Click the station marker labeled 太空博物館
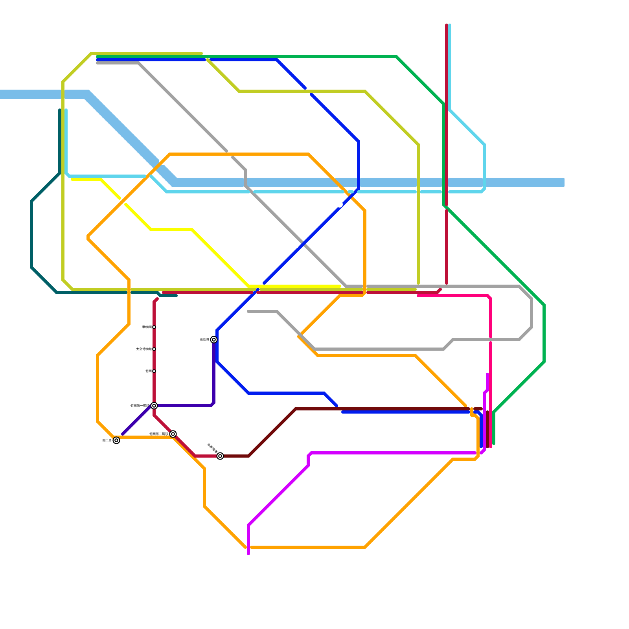(154, 349)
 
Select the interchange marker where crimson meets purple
(154, 406)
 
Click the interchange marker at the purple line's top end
(214, 340)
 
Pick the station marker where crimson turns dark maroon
(220, 456)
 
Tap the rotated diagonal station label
(212, 449)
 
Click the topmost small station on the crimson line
(154, 327)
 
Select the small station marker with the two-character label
(154, 371)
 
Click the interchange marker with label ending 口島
(116, 440)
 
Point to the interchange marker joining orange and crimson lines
(173, 434)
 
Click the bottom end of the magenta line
(248, 554)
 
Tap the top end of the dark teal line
(60, 110)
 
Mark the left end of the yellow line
(72, 179)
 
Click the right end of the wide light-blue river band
(563, 182)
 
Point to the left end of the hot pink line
(418, 296)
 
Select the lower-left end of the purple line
(123, 434)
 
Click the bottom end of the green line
(494, 444)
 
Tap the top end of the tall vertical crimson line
(447, 25)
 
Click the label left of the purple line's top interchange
(204, 340)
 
